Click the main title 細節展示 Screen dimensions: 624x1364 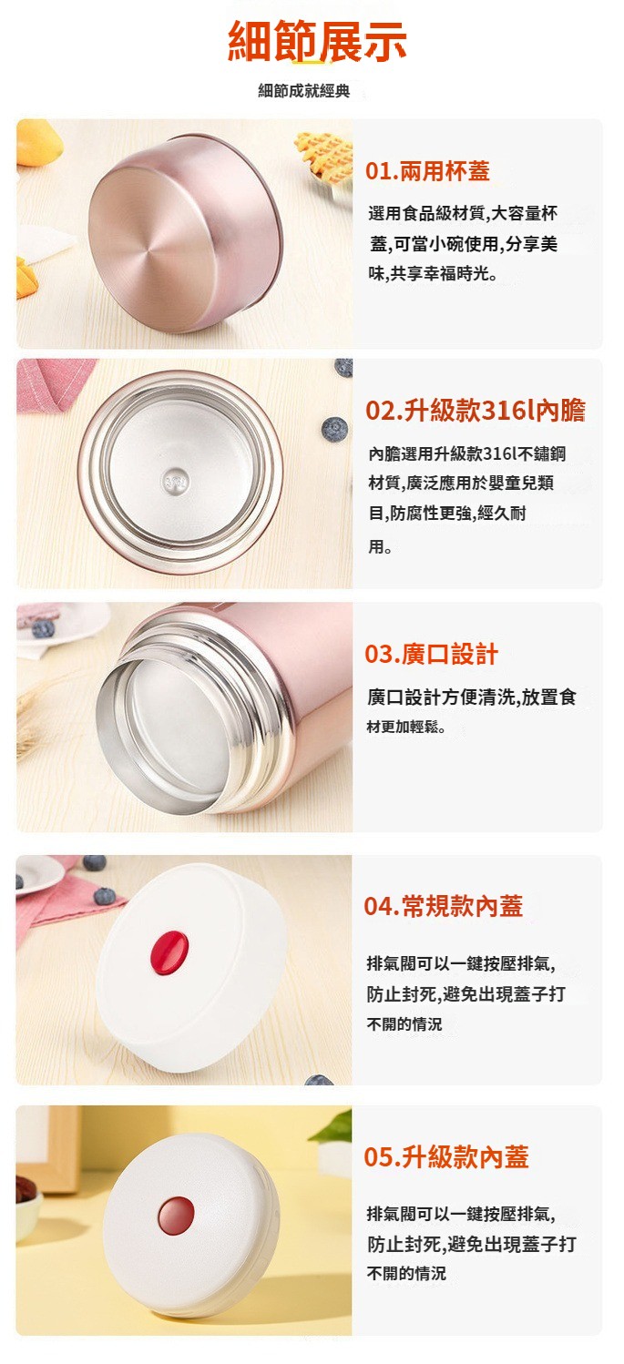[317, 41]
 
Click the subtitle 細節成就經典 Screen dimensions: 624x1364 [304, 91]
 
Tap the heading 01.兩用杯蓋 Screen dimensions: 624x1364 [428, 171]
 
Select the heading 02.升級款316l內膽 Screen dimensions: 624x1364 [476, 411]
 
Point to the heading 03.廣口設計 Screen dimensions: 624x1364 [432, 654]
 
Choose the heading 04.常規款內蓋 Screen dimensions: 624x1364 [444, 906]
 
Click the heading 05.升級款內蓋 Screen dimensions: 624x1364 [446, 1157]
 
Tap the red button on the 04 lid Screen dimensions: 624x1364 [169, 952]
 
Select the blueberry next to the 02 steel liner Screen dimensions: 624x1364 [334, 429]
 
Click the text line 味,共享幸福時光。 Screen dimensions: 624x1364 [433, 274]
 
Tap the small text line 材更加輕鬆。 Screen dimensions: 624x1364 [406, 727]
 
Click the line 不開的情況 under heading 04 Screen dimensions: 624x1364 [404, 1024]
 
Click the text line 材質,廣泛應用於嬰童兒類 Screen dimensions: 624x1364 [461, 483]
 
